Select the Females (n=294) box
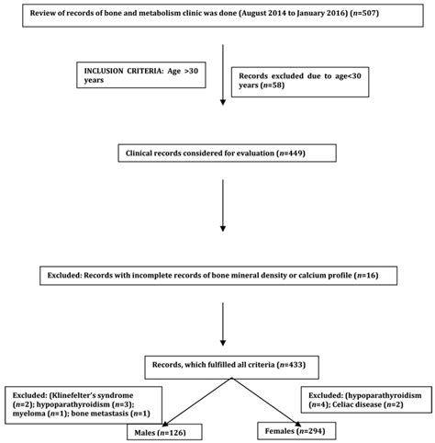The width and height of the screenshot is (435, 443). [x=290, y=429]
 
